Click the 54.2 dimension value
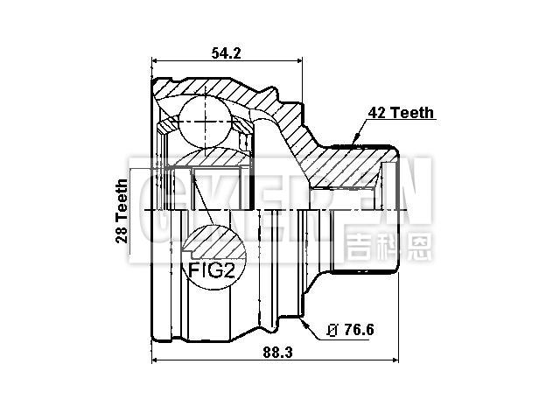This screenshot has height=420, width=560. [226, 53]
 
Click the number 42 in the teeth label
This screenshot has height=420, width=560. [374, 114]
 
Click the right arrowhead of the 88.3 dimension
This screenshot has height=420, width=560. [395, 360]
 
